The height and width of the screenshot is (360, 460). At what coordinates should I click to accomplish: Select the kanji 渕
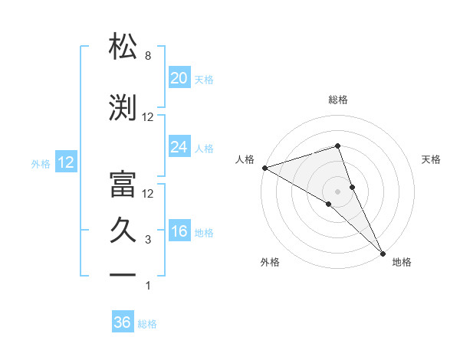click(x=123, y=107)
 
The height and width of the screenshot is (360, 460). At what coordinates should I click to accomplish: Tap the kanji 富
click(x=123, y=182)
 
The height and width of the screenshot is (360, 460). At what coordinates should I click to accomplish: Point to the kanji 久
click(x=123, y=230)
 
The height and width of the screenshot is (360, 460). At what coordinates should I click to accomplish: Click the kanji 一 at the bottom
click(x=123, y=273)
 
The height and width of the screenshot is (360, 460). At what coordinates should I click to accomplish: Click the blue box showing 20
click(x=179, y=78)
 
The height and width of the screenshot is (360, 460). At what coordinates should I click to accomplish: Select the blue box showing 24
click(x=179, y=147)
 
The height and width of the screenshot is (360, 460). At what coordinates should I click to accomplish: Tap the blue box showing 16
click(x=179, y=232)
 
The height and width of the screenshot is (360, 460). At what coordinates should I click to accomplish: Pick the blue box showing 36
click(x=123, y=322)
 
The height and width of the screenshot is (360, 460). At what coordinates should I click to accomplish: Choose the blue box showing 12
click(x=65, y=162)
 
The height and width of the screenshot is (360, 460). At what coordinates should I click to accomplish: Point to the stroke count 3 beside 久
click(x=147, y=240)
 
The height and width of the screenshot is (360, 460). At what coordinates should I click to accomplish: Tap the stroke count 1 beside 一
click(x=147, y=286)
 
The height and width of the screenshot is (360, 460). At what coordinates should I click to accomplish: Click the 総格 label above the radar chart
click(x=337, y=100)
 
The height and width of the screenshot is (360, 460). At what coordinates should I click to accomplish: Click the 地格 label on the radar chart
click(x=402, y=262)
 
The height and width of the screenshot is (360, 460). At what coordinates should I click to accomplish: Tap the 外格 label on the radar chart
click(x=270, y=262)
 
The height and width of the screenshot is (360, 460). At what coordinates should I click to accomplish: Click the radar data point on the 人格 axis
click(x=264, y=168)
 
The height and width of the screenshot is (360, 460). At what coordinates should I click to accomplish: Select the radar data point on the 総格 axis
click(x=337, y=146)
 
